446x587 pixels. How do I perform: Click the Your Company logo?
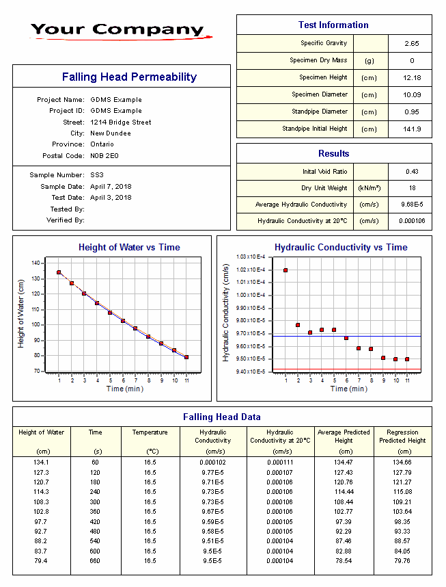coord(117,30)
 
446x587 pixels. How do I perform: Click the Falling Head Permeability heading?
coord(129,77)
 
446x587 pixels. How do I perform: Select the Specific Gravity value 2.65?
coord(411,43)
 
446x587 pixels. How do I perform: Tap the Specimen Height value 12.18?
coord(411,77)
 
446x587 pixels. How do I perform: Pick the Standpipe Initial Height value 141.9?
coord(412,129)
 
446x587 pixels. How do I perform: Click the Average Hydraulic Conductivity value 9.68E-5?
coord(412,205)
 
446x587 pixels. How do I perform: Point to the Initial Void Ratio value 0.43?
coord(411,172)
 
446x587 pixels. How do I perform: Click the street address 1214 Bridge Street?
coord(121,122)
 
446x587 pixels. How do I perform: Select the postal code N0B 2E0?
coord(104,156)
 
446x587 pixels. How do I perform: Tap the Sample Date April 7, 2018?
coord(111,187)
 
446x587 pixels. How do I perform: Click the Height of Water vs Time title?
coord(129,248)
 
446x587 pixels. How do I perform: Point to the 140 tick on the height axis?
coord(36,263)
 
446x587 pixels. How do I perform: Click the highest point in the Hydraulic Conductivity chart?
coord(285,270)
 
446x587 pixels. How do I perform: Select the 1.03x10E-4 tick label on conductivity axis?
coord(250,257)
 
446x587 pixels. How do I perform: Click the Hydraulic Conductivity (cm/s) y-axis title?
coord(226,314)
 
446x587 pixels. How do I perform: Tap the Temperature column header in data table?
coord(150,432)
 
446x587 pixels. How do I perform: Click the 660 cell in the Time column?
coord(95,561)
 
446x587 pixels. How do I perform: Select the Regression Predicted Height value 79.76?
coord(402,561)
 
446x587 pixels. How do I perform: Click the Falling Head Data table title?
coord(221,417)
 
